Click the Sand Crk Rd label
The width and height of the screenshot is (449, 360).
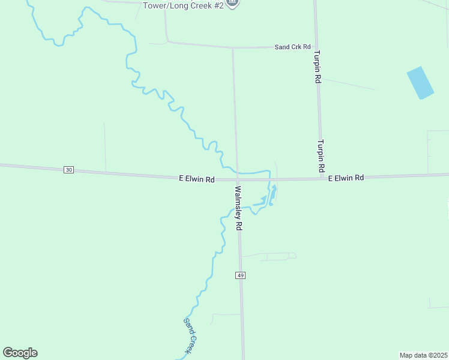point(292,47)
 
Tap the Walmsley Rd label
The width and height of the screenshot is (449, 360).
point(238,208)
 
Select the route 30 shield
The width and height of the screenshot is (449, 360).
point(69,170)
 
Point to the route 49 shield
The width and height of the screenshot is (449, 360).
point(240,275)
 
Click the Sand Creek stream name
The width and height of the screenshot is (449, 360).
point(191,335)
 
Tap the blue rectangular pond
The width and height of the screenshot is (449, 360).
point(420,83)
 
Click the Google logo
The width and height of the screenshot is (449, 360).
point(20,353)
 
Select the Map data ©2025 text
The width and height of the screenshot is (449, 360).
point(423,355)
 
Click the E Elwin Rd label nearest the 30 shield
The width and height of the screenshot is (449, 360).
point(197,179)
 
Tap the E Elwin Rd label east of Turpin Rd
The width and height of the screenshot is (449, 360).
point(346,178)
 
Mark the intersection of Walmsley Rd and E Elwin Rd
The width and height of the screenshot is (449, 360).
point(237,179)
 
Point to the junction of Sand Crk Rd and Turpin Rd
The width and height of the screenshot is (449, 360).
point(316,47)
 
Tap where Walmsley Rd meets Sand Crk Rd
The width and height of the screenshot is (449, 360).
point(233,48)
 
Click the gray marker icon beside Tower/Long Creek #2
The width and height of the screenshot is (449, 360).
point(233,4)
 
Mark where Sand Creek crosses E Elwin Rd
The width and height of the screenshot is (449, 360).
point(270,178)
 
